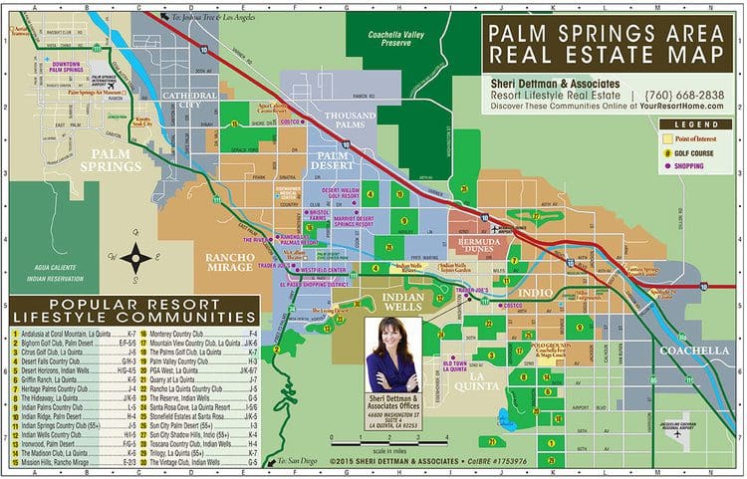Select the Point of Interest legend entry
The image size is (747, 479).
(703, 136)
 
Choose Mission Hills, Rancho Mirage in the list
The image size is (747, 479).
(60, 463)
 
